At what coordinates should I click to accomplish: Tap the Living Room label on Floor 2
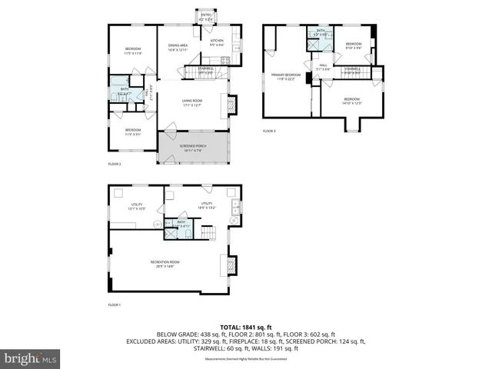(x=191, y=102)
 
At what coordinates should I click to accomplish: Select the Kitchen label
(x=218, y=42)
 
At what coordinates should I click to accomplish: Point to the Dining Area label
(x=178, y=48)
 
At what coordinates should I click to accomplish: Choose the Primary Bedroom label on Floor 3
(x=286, y=77)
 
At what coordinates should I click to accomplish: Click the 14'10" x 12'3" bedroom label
(x=351, y=101)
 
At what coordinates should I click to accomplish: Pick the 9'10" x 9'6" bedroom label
(x=353, y=45)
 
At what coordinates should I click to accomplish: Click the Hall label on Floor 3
(x=323, y=67)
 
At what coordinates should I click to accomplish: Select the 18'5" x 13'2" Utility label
(x=206, y=204)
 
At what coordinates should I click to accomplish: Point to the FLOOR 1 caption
(x=115, y=305)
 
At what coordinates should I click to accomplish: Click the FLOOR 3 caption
(x=269, y=131)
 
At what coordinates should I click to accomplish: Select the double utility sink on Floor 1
(x=236, y=207)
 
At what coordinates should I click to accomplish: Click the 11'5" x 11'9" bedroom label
(x=133, y=52)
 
